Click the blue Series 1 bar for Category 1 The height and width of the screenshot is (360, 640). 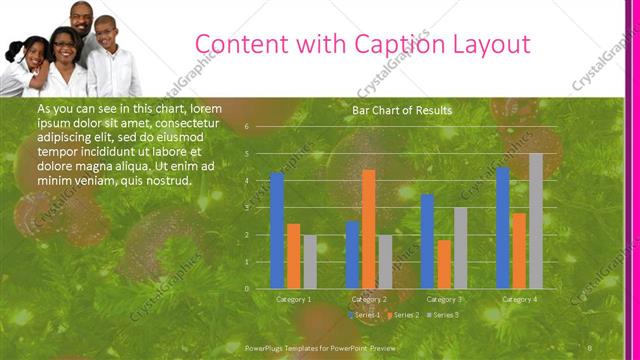277,230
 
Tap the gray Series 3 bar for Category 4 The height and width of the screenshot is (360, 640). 536,220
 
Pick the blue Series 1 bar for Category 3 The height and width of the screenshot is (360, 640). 427,241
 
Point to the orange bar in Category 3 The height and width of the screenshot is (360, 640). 443,264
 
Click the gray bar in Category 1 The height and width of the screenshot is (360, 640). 309,262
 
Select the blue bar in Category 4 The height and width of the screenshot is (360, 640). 503,227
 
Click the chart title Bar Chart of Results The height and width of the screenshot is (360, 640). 402,110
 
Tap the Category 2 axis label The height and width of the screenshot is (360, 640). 369,299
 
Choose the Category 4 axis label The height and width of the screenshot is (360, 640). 519,299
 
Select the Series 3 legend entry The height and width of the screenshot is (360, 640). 443,315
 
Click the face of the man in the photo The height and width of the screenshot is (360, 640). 85,20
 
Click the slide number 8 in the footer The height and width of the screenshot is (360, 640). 591,347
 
